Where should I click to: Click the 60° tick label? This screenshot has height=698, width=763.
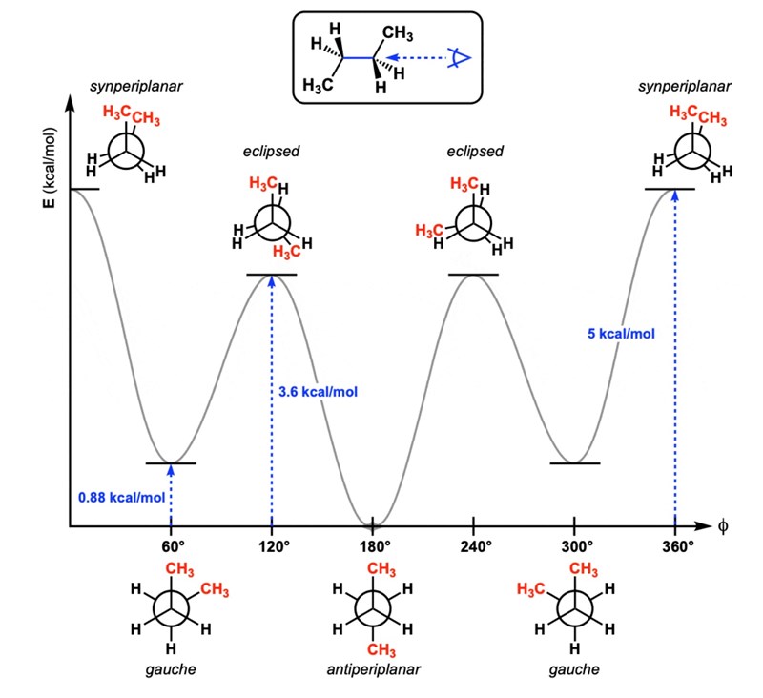[171, 547]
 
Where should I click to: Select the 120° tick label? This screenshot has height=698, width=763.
[272, 547]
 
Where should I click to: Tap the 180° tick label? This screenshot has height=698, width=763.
[373, 547]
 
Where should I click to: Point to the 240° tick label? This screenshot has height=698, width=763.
[474, 547]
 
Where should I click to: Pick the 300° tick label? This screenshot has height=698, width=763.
[575, 547]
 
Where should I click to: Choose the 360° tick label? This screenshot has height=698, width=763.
[676, 547]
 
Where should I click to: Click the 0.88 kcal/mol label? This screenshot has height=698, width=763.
[121, 497]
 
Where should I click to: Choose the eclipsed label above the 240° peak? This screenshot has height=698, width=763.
[474, 152]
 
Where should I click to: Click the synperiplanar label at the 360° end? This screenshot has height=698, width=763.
[687, 87]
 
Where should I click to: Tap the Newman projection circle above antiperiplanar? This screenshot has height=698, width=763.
[373, 608]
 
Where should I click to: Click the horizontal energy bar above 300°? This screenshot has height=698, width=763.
[575, 463]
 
